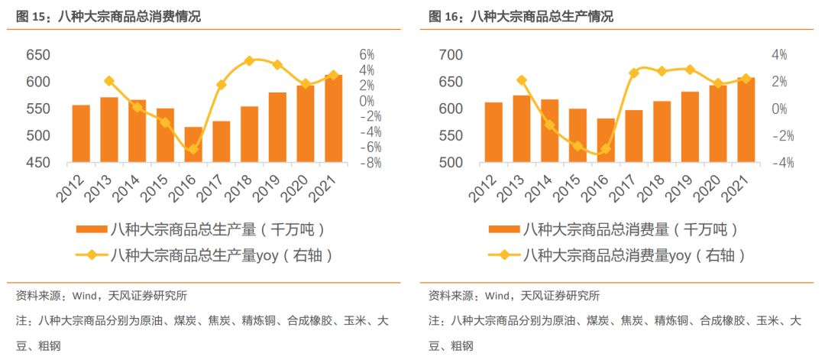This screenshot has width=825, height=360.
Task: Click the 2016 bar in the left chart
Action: (193, 144)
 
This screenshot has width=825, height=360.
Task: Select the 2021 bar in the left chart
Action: (334, 118)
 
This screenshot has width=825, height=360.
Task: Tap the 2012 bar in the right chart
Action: (493, 132)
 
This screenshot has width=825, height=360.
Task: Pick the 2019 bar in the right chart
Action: (690, 127)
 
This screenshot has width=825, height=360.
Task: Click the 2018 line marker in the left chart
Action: (249, 60)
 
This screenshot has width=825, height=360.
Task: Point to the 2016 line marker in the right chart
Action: (605, 149)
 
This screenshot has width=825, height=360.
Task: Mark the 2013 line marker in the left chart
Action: (109, 81)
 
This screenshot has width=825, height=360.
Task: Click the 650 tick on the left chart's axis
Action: (38, 55)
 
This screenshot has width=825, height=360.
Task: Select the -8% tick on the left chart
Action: (370, 163)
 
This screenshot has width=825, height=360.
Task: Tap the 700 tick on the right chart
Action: (451, 55)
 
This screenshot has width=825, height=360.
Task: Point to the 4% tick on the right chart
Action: (779, 55)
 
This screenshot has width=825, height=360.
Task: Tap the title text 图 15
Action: (31, 16)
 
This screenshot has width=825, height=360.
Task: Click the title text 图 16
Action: (443, 16)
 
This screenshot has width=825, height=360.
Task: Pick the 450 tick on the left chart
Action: (38, 163)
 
